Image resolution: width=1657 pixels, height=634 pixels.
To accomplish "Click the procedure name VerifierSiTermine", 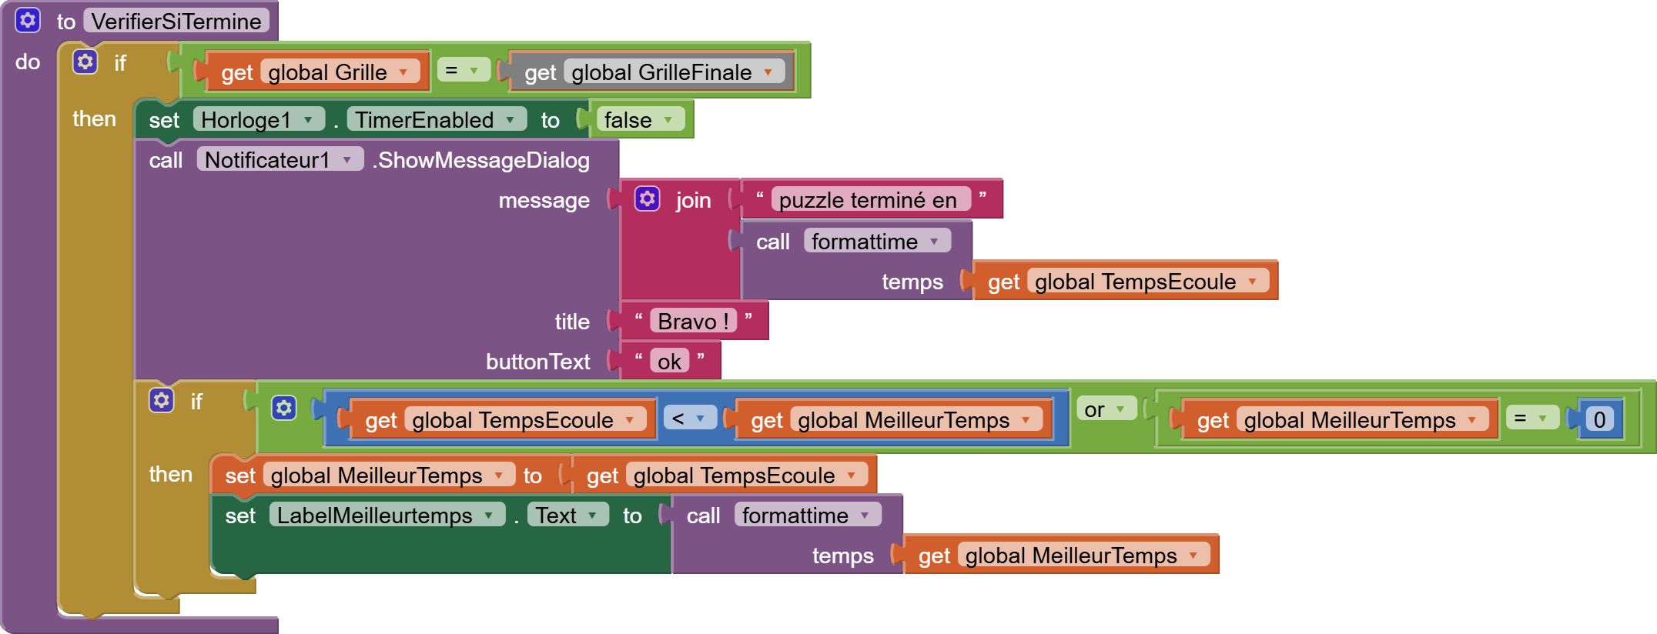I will tap(176, 21).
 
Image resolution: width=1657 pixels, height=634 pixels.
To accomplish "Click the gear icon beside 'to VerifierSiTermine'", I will tap(28, 20).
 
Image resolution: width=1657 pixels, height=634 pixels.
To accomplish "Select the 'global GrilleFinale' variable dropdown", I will tap(673, 72).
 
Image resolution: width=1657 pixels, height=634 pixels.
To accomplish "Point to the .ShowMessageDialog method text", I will tap(481, 160).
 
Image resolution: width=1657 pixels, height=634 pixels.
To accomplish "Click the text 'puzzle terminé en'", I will tap(868, 200).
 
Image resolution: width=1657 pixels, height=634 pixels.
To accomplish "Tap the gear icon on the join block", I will tap(647, 199).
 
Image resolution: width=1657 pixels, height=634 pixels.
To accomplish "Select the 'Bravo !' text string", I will tap(693, 321).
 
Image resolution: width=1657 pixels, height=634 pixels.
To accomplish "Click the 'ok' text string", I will tap(669, 361).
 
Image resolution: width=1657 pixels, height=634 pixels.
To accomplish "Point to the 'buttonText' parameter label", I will tap(537, 362).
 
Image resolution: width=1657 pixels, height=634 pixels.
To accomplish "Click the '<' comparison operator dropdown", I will tap(688, 418).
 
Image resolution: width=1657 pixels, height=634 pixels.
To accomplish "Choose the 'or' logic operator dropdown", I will tap(1105, 409).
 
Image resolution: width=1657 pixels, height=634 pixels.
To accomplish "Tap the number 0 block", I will tap(1599, 419).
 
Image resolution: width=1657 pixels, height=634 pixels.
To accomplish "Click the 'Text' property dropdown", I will tap(567, 516).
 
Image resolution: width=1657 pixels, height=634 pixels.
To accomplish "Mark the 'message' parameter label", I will tap(544, 201).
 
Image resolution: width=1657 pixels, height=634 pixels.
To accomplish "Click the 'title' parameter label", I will tap(572, 322).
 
